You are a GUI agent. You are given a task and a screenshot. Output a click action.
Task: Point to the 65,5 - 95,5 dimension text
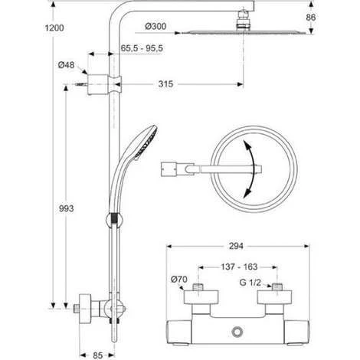click(146, 47)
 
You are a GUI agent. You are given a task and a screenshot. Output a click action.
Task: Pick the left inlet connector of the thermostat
click(200, 290)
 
